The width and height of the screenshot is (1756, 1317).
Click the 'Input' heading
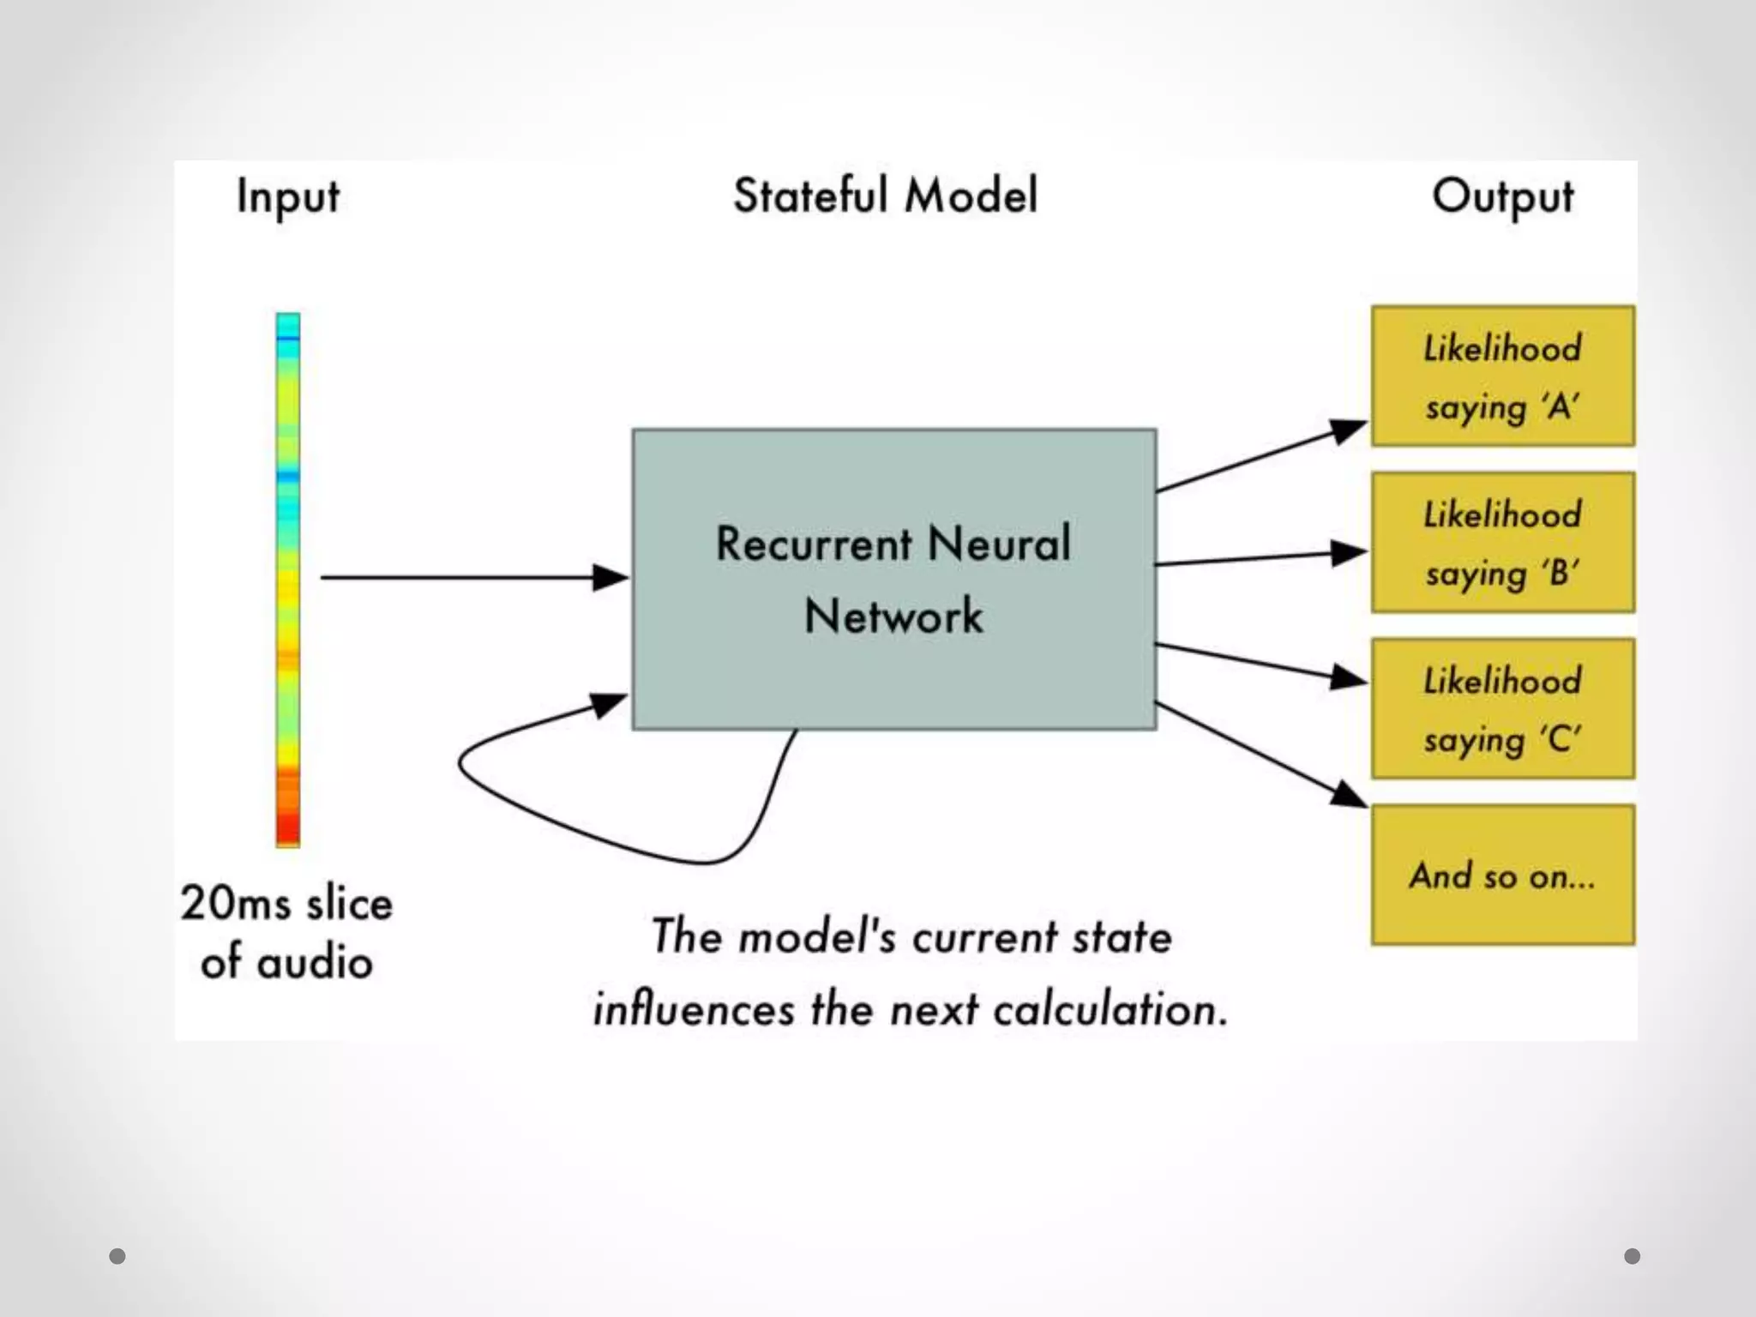pyautogui.click(x=288, y=197)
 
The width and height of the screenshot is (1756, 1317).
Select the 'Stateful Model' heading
pyautogui.click(x=885, y=195)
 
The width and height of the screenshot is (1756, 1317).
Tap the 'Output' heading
pyautogui.click(x=1502, y=197)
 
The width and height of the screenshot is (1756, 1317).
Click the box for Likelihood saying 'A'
pyautogui.click(x=1502, y=376)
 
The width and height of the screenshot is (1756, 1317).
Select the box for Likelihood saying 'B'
pyautogui.click(x=1502, y=542)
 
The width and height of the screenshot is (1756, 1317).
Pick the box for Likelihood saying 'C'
pyautogui.click(x=1502, y=708)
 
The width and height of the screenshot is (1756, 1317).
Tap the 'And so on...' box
pyautogui.click(x=1502, y=875)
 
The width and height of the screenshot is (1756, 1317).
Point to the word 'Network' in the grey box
pyautogui.click(x=893, y=616)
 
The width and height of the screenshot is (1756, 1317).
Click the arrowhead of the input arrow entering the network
pyautogui.click(x=611, y=577)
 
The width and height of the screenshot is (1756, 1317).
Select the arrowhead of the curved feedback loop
pyautogui.click(x=610, y=705)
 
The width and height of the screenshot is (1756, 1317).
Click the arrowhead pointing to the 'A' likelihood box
pyautogui.click(x=1348, y=429)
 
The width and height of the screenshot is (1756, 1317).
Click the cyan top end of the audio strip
pyautogui.click(x=288, y=325)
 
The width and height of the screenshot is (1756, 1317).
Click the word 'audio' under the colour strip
pyautogui.click(x=315, y=962)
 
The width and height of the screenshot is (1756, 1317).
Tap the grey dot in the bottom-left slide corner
pyautogui.click(x=117, y=1256)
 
